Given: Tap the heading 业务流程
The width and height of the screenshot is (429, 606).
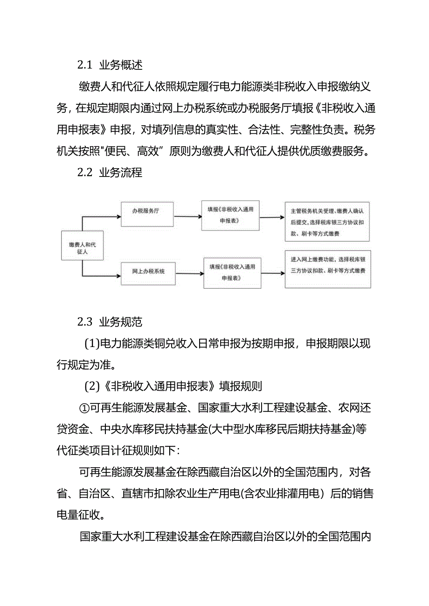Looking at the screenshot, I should point(120,173).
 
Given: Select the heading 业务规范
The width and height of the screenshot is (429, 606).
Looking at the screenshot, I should point(120,322).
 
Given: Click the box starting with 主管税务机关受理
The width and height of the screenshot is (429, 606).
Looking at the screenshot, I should point(327,221).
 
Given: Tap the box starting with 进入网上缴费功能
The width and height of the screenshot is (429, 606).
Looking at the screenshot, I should point(327,270).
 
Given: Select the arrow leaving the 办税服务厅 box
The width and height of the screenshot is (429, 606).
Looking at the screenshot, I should point(186,217).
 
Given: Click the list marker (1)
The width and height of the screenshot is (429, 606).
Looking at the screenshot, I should point(92,344).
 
